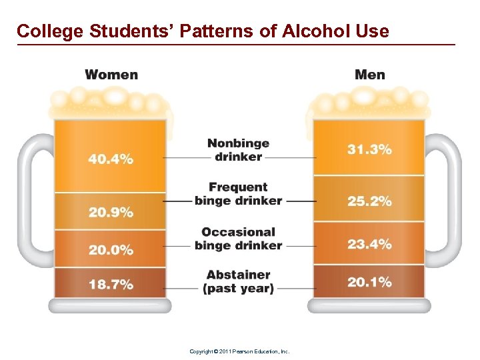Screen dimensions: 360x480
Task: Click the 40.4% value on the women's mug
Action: click(x=111, y=159)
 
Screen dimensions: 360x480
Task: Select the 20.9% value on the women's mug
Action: click(x=111, y=213)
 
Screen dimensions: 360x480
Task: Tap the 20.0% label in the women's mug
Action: click(x=111, y=250)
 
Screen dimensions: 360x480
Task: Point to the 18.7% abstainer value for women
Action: click(x=111, y=285)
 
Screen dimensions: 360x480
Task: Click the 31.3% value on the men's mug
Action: click(x=369, y=150)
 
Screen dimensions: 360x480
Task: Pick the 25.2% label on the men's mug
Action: click(x=369, y=201)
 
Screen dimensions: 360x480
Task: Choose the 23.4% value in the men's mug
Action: click(x=369, y=244)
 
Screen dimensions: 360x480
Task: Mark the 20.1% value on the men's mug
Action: click(x=369, y=282)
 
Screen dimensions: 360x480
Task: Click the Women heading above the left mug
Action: click(x=111, y=74)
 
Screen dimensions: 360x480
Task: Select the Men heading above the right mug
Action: click(x=369, y=74)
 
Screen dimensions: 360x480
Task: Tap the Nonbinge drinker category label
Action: click(x=238, y=150)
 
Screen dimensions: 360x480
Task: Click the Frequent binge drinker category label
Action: click(x=238, y=194)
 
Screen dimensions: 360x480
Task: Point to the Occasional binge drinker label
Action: click(x=238, y=239)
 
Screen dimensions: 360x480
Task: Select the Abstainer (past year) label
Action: click(x=238, y=281)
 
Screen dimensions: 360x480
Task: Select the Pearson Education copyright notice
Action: click(x=239, y=351)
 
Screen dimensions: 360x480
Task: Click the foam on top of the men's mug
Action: click(x=368, y=103)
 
